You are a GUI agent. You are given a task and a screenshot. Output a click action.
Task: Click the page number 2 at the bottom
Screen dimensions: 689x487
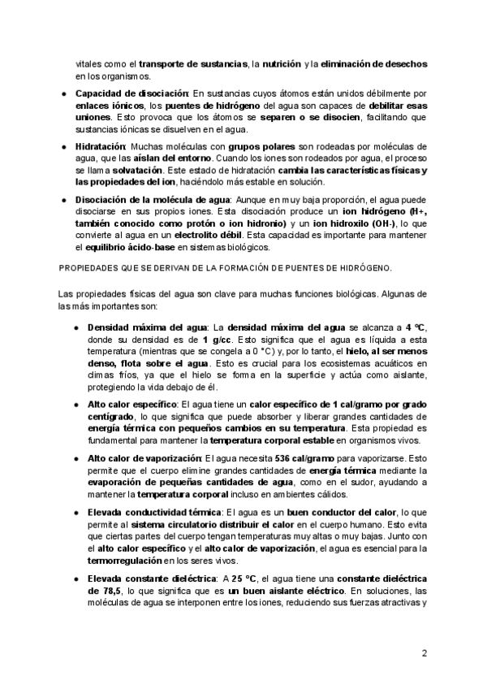[x=425, y=653]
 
